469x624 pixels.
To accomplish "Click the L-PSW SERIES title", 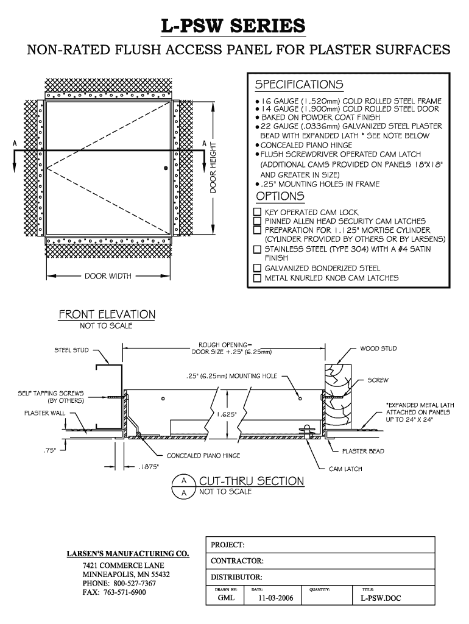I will pyautogui.click(x=233, y=26).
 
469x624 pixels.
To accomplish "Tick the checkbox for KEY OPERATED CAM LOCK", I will pyautogui.click(x=257, y=213).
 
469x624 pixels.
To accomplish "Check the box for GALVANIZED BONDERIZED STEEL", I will pyautogui.click(x=257, y=268).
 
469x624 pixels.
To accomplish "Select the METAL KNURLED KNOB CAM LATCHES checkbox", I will pyautogui.click(x=257, y=278).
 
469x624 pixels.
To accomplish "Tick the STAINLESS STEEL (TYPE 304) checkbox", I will pyautogui.click(x=257, y=249).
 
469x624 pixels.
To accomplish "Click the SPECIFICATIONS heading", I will pyautogui.click(x=298, y=84).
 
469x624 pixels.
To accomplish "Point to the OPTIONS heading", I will pyautogui.click(x=280, y=197).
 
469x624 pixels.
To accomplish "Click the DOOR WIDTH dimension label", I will pyautogui.click(x=108, y=276).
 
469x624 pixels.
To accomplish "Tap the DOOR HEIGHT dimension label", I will pyautogui.click(x=214, y=168).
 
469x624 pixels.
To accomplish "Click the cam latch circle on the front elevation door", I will pyautogui.click(x=165, y=168).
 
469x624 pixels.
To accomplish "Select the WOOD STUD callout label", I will pyautogui.click(x=379, y=349).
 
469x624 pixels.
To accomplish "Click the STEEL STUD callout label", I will pyautogui.click(x=72, y=350).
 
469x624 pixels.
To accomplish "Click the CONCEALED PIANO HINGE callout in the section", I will pyautogui.click(x=203, y=455).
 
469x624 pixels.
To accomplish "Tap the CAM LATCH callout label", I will pyautogui.click(x=345, y=469).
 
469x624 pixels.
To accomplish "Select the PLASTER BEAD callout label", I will pyautogui.click(x=362, y=452).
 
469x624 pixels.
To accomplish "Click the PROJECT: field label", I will pyautogui.click(x=228, y=544).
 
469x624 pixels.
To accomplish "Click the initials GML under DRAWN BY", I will pyautogui.click(x=226, y=599).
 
